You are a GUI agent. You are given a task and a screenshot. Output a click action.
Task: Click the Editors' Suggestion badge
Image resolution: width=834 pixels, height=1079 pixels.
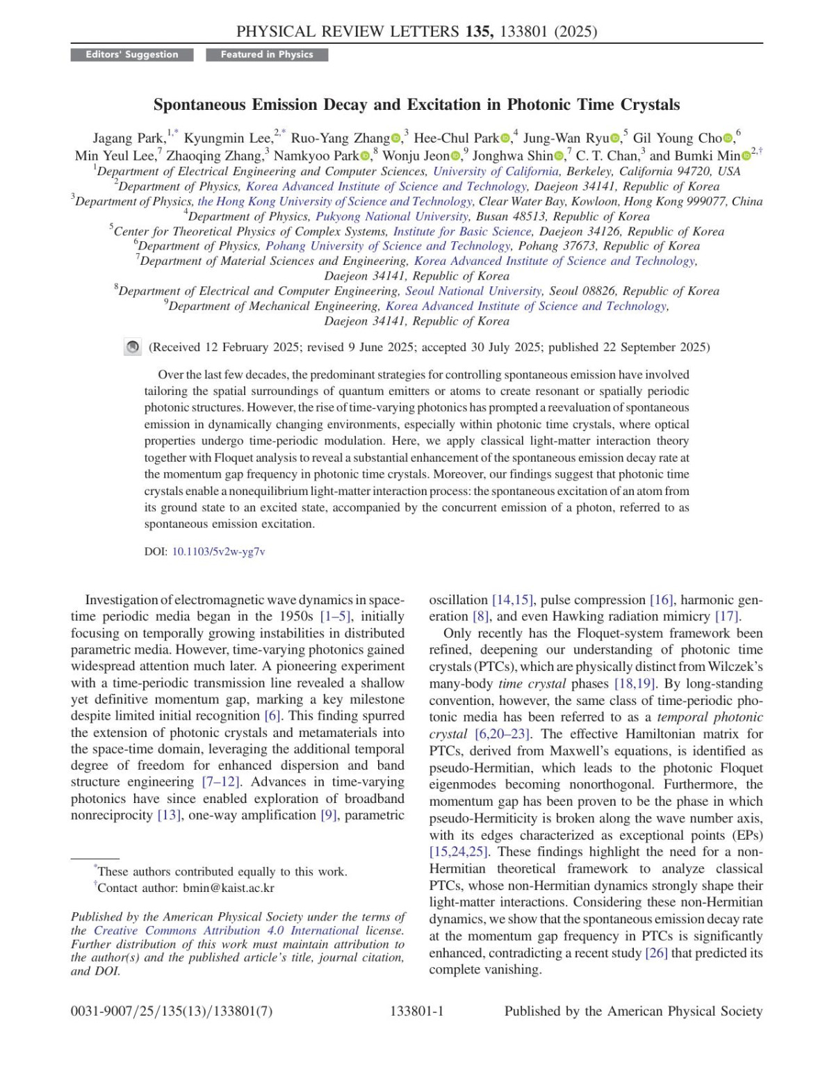[x=132, y=54]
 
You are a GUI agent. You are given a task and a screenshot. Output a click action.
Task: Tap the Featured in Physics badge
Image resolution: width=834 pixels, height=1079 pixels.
[x=267, y=54]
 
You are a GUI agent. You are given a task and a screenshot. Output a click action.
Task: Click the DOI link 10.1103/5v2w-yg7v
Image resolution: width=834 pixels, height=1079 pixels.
[x=218, y=551]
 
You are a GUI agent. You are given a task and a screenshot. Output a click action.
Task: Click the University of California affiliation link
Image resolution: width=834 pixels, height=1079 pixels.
[x=496, y=171]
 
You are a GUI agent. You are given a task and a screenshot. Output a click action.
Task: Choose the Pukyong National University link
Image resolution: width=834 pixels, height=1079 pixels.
[x=392, y=216]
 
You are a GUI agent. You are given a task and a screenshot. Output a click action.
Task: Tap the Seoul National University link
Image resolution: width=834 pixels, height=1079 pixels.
[x=473, y=291]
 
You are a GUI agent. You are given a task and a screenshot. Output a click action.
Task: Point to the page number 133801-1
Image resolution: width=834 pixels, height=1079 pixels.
[x=417, y=1011]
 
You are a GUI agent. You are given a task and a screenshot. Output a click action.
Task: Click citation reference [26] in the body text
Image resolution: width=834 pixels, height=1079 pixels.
[x=656, y=952]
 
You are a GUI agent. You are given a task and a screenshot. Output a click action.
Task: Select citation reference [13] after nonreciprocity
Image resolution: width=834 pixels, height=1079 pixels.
[x=168, y=815]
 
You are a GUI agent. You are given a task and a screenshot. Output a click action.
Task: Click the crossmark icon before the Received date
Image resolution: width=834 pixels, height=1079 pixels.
[x=133, y=347]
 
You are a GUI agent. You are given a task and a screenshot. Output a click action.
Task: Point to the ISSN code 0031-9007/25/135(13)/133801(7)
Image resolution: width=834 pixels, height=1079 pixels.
[x=172, y=1011]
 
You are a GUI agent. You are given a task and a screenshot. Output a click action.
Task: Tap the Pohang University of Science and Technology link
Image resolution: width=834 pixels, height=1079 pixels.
[x=388, y=246]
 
